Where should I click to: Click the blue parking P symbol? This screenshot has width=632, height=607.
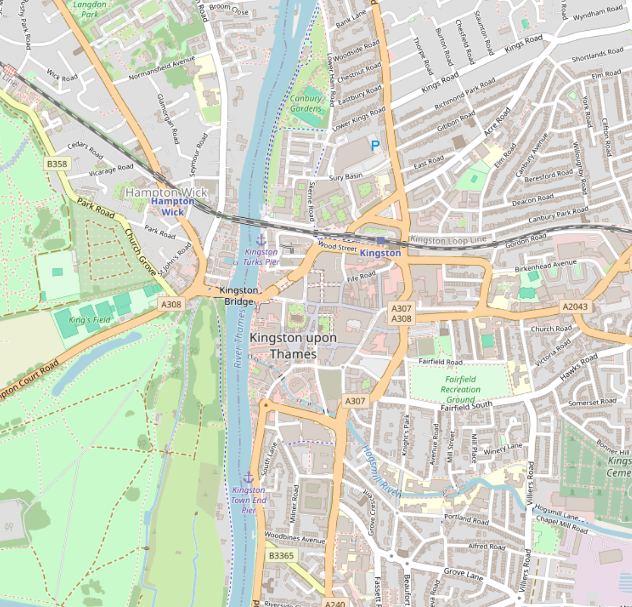375,145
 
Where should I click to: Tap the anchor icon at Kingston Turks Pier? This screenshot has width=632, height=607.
261,240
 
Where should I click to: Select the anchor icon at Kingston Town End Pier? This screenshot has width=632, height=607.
248,478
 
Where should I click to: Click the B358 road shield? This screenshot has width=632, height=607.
57,164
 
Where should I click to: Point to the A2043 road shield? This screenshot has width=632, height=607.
575,307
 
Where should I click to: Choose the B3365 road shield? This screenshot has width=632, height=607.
282,555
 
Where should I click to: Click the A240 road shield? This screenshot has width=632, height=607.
335,603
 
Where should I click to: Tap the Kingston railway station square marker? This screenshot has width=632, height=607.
381,240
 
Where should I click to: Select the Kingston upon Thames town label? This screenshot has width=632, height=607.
293,346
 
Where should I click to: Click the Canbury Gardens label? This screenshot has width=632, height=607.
306,104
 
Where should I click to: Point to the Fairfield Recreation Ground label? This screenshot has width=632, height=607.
460,389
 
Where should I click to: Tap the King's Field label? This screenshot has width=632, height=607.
89,320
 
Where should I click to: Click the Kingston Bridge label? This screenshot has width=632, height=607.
238,296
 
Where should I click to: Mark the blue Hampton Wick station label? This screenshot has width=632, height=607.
172,206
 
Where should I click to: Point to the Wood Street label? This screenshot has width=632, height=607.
338,247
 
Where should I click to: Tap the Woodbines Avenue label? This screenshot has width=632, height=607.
294,537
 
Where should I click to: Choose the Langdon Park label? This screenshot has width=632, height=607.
90,9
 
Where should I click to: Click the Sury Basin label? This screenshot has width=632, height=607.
346,177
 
